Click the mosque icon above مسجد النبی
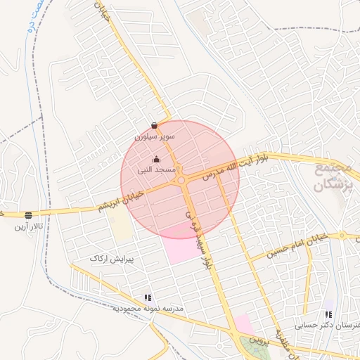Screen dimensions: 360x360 click(x=156, y=160)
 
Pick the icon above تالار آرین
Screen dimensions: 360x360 click(x=28, y=215)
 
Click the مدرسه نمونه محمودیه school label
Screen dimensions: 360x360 click(x=148, y=308)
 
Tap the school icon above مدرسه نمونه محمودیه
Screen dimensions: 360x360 click(x=148, y=298)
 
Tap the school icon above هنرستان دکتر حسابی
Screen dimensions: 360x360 click(x=328, y=314)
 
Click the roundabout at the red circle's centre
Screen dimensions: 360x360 click(x=181, y=181)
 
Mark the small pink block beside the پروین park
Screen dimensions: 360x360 click(x=243, y=324)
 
